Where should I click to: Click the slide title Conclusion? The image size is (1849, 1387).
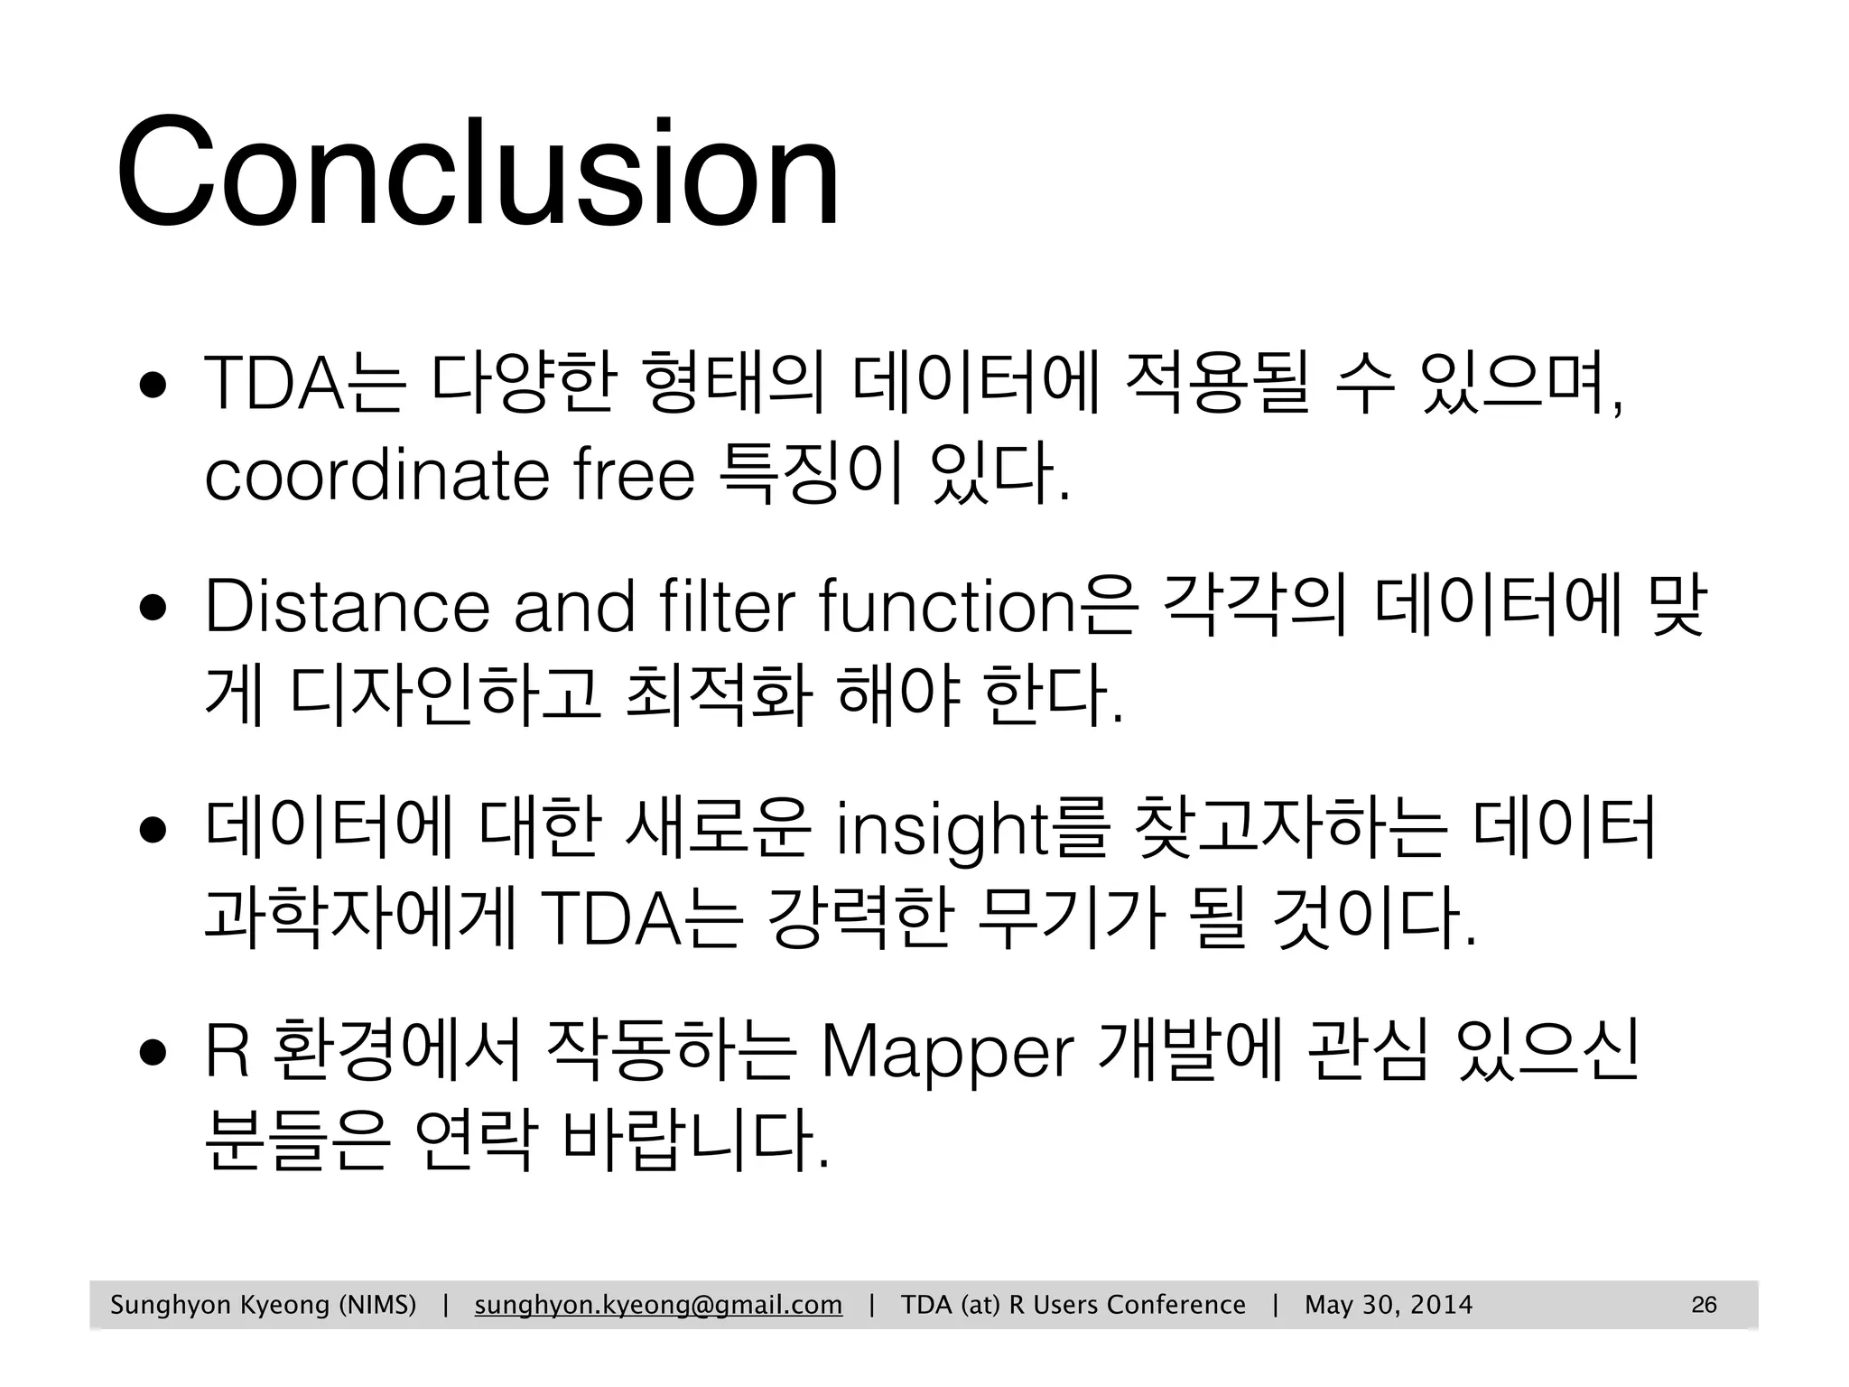pyautogui.click(x=478, y=172)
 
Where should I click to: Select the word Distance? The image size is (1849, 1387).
pyautogui.click(x=348, y=607)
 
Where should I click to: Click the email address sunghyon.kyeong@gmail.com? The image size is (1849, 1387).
pyautogui.click(x=658, y=1305)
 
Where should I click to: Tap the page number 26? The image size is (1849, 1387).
pyautogui.click(x=1704, y=1305)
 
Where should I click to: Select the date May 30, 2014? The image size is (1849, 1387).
pyautogui.click(x=1389, y=1305)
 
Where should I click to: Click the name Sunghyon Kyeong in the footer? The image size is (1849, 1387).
pyautogui.click(x=219, y=1305)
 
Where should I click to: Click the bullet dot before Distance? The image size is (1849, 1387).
pyautogui.click(x=152, y=608)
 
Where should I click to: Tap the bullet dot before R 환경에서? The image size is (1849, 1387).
pyautogui.click(x=152, y=1053)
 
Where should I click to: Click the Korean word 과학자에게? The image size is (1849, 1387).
pyautogui.click(x=359, y=917)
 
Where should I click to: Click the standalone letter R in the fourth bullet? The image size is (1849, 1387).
pyautogui.click(x=227, y=1053)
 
